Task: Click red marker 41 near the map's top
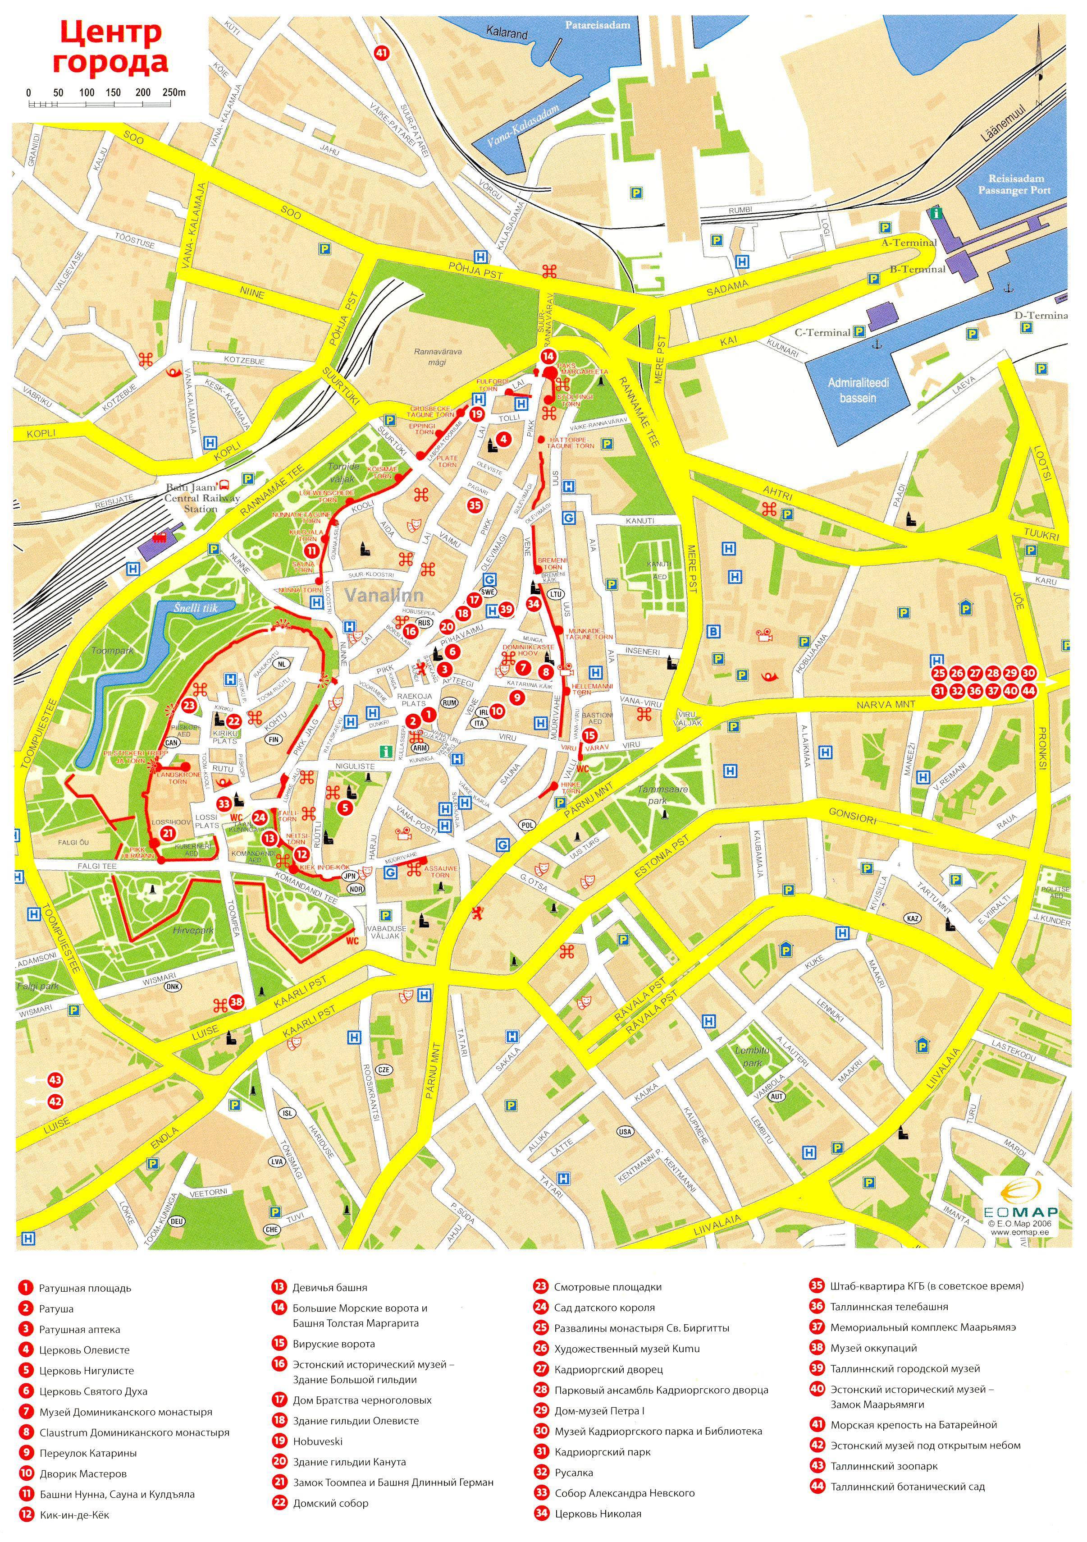point(382,53)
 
